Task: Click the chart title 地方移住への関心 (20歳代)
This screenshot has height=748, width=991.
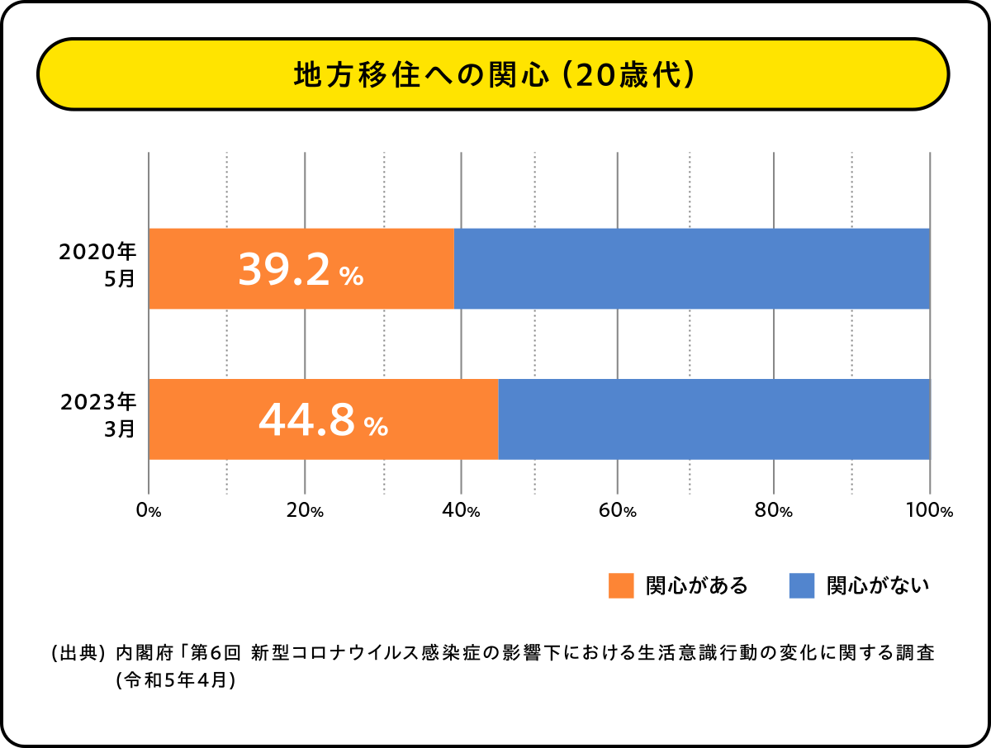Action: click(x=493, y=75)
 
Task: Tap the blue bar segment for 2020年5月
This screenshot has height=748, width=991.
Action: click(x=692, y=268)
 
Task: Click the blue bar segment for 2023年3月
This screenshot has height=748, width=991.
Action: click(x=714, y=419)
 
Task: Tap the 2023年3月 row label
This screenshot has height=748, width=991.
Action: click(x=97, y=416)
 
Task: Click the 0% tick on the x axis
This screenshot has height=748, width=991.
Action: click(x=149, y=511)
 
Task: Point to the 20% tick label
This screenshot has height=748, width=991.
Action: click(x=305, y=511)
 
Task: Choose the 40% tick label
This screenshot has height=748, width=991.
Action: click(x=461, y=511)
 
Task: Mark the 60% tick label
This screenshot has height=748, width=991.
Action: click(x=618, y=511)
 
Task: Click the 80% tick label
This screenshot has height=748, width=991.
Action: click(x=774, y=511)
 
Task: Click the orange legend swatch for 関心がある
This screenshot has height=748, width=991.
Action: click(x=621, y=585)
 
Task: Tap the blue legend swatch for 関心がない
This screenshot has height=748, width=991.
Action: click(x=801, y=585)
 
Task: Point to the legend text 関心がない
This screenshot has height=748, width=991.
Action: click(x=878, y=585)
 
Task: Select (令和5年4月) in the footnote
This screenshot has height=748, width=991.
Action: click(x=177, y=680)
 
